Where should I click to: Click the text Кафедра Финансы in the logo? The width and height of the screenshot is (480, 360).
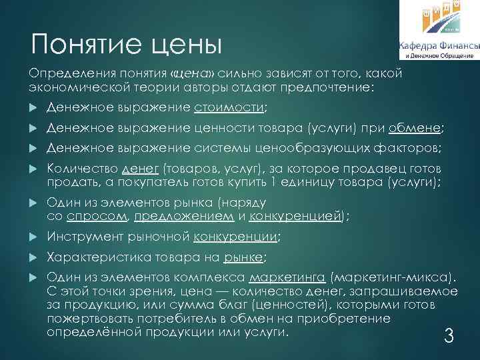pos(439,46)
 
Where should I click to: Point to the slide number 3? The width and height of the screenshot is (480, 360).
pos(449,337)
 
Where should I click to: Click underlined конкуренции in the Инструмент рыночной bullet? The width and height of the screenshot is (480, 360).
pos(235,237)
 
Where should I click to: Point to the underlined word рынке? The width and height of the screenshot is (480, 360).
pos(243,258)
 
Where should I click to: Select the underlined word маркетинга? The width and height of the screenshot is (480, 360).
pos(287,279)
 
